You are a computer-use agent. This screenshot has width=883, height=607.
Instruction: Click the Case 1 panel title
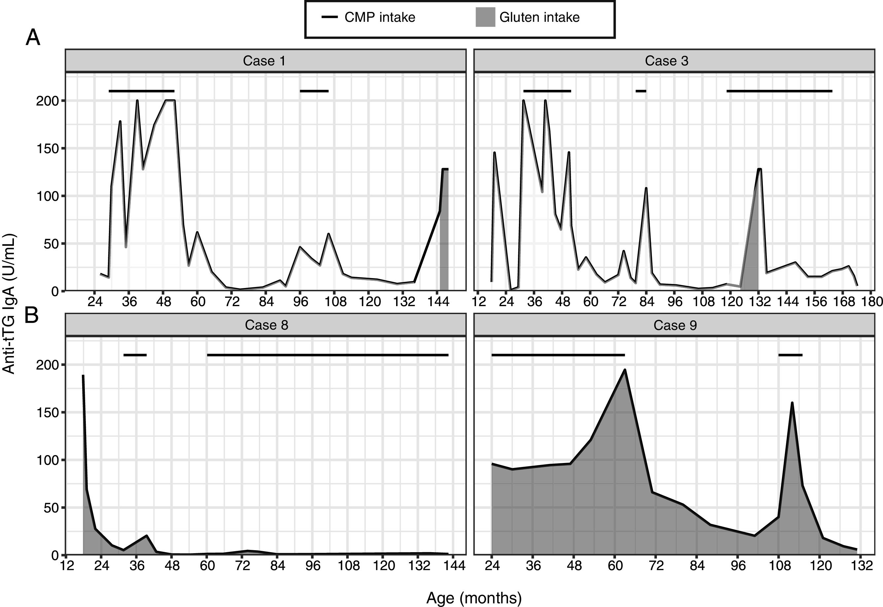coord(264,61)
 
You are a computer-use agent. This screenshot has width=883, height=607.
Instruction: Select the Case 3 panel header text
coord(666,61)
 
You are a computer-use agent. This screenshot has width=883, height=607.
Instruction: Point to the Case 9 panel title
coord(675,325)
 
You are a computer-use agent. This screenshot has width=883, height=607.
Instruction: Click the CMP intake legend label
coord(380,18)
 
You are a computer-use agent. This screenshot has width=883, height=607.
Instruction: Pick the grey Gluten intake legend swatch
coord(486,18)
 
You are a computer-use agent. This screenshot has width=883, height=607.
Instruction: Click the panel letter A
coord(33,38)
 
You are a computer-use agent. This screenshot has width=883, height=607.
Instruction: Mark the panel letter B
coord(32,316)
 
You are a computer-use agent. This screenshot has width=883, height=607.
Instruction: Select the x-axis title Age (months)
coord(474,598)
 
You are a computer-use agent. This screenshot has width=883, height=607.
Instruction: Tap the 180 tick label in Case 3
coord(873,302)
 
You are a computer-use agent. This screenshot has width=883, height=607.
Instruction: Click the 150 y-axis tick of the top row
coord(48,149)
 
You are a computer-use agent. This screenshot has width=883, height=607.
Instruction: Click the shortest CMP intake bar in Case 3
coord(641,91)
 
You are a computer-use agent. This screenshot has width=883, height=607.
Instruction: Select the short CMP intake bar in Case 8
coord(135,355)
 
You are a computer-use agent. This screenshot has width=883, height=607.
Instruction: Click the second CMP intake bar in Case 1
coord(314,91)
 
